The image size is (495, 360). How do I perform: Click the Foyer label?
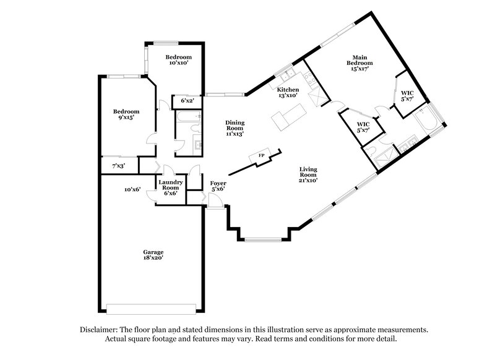(x=217, y=183)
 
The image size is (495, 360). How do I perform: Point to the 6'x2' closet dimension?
(x=187, y=100)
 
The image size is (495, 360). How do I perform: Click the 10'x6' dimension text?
(x=132, y=189)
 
